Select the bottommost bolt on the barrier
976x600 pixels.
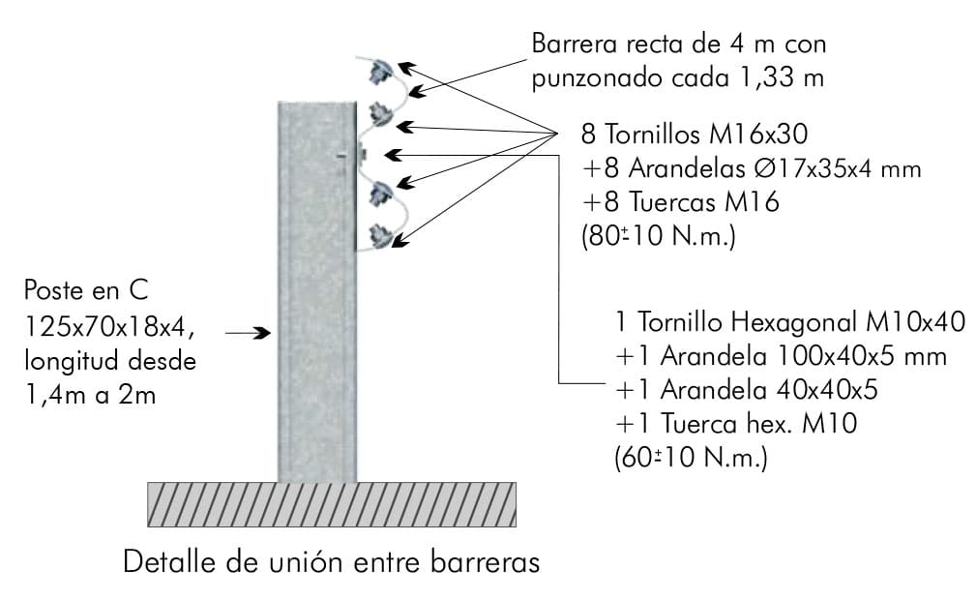(380, 235)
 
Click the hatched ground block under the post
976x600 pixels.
(332, 504)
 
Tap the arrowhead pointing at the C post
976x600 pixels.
(264, 333)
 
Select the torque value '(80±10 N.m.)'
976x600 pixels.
(659, 236)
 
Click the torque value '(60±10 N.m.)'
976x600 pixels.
(691, 458)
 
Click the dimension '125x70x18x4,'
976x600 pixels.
(109, 326)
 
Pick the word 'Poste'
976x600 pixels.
(53, 290)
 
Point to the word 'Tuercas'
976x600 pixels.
(673, 202)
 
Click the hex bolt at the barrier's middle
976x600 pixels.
(361, 153)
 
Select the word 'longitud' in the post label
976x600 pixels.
(67, 361)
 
